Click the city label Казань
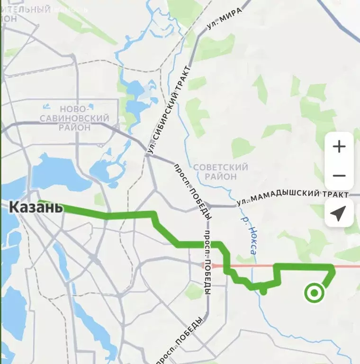point(36,207)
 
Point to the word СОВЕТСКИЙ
point(221,167)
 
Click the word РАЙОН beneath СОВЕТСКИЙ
point(221,177)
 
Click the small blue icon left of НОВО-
point(46,107)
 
